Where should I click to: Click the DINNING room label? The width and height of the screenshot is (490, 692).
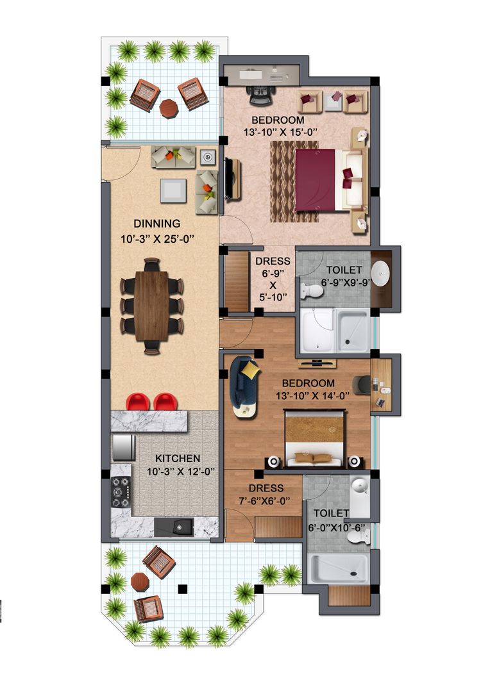click(x=156, y=224)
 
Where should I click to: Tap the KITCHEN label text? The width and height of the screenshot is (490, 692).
click(x=178, y=459)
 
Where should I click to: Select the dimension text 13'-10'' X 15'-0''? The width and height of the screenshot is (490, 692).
click(x=278, y=133)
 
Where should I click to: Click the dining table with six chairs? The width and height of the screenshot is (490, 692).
click(x=152, y=305)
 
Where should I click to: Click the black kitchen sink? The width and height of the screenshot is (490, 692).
click(x=174, y=527)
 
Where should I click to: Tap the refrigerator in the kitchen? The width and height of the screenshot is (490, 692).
click(x=122, y=447)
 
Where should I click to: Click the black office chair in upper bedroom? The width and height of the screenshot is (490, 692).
click(x=260, y=95)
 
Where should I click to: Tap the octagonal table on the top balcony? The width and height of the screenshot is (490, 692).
click(x=169, y=108)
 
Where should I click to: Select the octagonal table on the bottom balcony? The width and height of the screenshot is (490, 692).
click(x=139, y=582)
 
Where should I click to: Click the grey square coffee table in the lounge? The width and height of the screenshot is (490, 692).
click(x=173, y=190)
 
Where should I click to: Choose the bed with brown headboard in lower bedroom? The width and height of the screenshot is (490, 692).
click(x=314, y=439)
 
